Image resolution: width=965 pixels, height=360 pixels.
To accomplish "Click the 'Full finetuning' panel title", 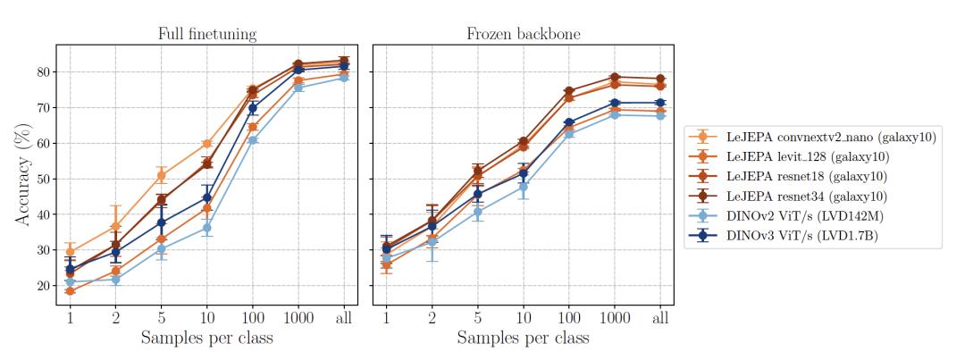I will coord(207,35).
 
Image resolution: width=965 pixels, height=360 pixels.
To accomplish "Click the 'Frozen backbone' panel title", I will coord(523,35).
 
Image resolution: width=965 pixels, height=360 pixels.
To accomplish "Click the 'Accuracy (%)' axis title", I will coord(21,174).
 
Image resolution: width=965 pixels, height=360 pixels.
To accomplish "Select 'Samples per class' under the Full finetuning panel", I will coord(207,339).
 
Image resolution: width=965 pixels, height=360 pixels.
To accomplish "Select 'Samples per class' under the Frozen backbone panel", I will coord(523,339).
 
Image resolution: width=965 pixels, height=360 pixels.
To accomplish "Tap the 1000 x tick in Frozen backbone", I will coord(615,316).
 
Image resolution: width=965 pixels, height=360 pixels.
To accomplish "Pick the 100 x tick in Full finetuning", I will coord(253,316).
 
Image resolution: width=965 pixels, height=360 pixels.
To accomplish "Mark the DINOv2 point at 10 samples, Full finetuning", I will coord(206,228).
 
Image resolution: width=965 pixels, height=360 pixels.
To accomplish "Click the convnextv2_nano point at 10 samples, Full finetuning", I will coord(206,144).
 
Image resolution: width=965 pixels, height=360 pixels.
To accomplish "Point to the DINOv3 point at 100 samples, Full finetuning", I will coord(253,108).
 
